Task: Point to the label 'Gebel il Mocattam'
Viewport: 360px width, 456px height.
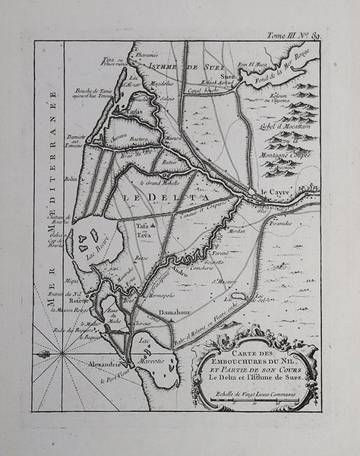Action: (x=289, y=124)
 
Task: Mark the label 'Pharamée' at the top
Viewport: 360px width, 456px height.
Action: (x=147, y=55)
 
